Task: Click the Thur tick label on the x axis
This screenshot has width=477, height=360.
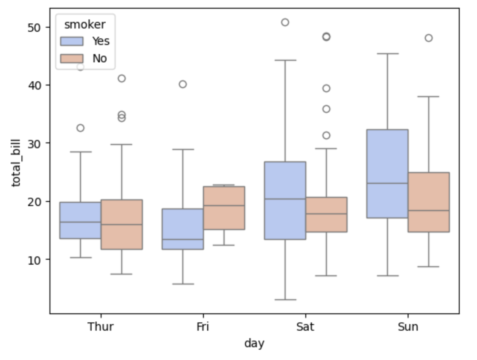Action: pos(100,327)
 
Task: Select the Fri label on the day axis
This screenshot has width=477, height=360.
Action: pos(203,327)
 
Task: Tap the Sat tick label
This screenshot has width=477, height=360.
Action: pos(305,327)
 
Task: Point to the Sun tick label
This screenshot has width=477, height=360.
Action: pos(408,327)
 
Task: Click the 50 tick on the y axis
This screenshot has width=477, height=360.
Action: pos(34,28)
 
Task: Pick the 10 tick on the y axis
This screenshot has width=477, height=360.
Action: pos(34,260)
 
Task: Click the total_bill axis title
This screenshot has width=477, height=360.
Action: pos(16,163)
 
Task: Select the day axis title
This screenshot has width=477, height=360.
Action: pos(254,343)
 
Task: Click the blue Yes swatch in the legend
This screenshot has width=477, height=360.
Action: pos(72,41)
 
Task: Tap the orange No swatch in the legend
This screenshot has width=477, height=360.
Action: pos(72,59)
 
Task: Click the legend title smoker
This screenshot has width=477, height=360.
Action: pos(85,25)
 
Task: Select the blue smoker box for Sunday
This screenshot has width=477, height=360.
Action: pos(387,174)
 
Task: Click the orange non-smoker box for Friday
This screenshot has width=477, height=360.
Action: pos(224,208)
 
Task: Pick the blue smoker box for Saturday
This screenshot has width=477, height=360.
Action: pos(285,201)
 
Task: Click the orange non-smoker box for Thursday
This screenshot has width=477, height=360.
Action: pos(122,225)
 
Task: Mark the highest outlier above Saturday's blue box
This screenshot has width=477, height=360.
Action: pos(285,22)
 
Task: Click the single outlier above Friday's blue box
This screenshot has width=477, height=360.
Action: pos(183,84)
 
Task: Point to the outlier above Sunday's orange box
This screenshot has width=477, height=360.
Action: pos(429,38)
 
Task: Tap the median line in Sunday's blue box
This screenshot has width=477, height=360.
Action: pos(387,183)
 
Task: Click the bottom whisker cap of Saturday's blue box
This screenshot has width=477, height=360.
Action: pos(285,300)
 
